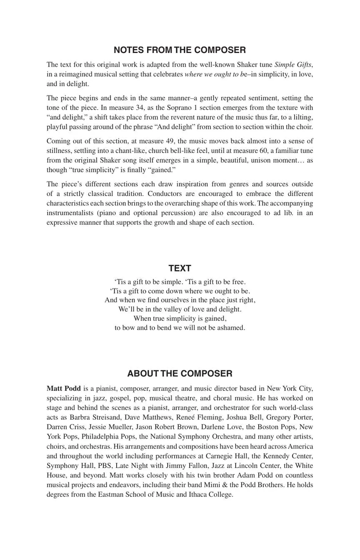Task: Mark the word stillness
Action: point(60,151)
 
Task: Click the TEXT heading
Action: point(180,268)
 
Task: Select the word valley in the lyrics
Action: point(169,309)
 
